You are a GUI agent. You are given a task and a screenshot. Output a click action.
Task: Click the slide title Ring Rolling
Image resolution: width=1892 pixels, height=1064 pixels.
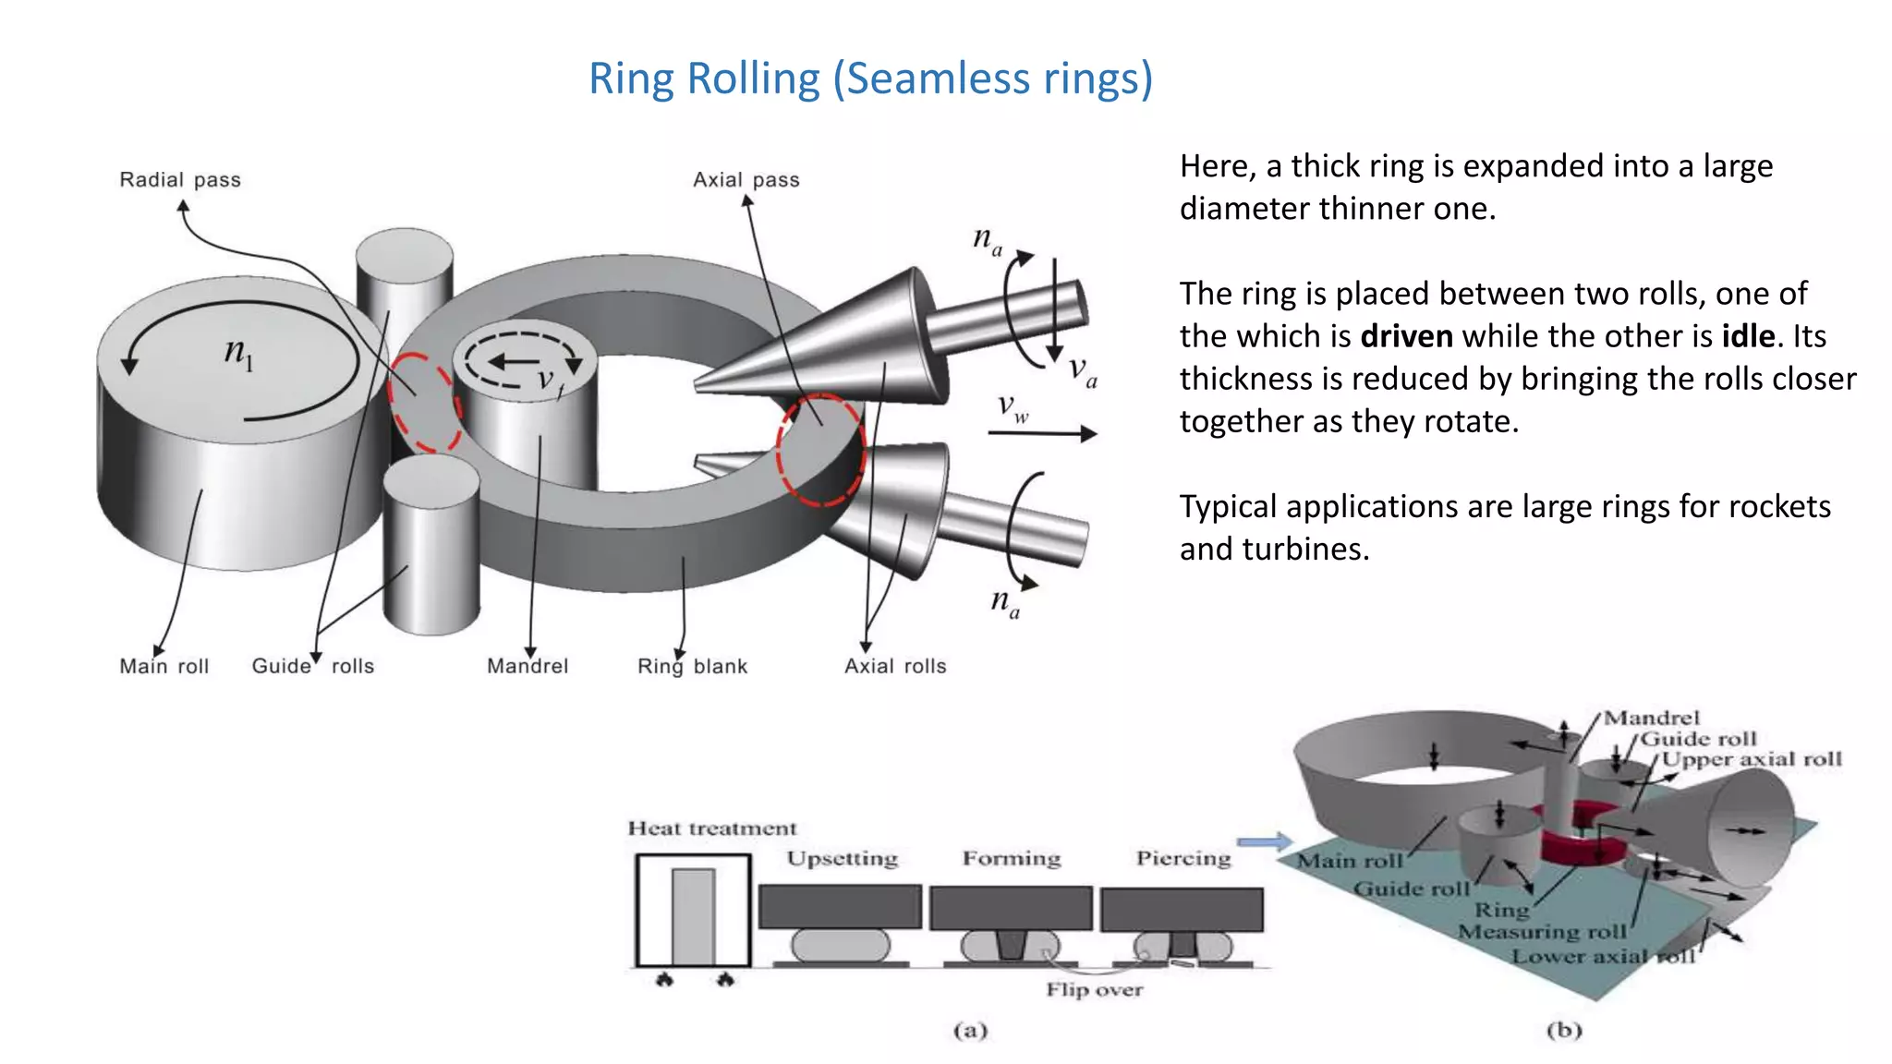click(x=870, y=79)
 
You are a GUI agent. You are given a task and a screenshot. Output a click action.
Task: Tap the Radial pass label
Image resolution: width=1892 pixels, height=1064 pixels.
click(x=180, y=180)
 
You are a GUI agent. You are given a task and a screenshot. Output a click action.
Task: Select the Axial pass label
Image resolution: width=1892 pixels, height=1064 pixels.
click(x=746, y=180)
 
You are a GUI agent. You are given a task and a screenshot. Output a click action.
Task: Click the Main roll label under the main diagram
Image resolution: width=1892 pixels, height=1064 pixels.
click(x=164, y=666)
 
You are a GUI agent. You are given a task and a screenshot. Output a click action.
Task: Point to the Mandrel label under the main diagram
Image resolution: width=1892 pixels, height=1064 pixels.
click(x=528, y=666)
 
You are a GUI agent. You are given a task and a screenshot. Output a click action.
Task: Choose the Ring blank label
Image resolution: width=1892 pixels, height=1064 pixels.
click(x=692, y=666)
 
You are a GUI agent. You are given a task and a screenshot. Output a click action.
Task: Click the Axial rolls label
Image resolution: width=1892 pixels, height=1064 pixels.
click(x=895, y=666)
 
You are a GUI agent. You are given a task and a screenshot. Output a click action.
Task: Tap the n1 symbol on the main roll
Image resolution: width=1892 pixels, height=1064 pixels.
click(x=238, y=354)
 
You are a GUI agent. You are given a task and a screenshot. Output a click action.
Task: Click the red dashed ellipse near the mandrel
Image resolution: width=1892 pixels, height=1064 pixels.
click(x=424, y=403)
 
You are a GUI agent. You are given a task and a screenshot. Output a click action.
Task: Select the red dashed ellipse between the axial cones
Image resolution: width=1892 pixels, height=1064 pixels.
click(x=820, y=450)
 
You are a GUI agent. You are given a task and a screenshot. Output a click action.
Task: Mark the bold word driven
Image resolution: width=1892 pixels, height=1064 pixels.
click(x=1406, y=336)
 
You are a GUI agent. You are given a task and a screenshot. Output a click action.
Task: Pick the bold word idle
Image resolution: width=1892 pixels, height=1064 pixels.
click(x=1748, y=336)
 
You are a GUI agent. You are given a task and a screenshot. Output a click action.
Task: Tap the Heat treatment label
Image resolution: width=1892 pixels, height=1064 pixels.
click(x=712, y=828)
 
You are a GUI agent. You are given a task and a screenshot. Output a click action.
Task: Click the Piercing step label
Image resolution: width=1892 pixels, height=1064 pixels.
click(x=1183, y=858)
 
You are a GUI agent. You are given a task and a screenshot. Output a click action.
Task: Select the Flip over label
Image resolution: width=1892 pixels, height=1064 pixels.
click(x=1094, y=990)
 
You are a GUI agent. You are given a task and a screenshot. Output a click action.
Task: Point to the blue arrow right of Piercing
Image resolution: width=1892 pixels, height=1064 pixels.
click(x=1264, y=841)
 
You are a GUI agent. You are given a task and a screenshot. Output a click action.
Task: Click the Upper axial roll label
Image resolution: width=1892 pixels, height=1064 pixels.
click(x=1752, y=759)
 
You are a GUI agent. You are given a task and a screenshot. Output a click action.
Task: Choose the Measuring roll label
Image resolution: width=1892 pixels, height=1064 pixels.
click(x=1542, y=932)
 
